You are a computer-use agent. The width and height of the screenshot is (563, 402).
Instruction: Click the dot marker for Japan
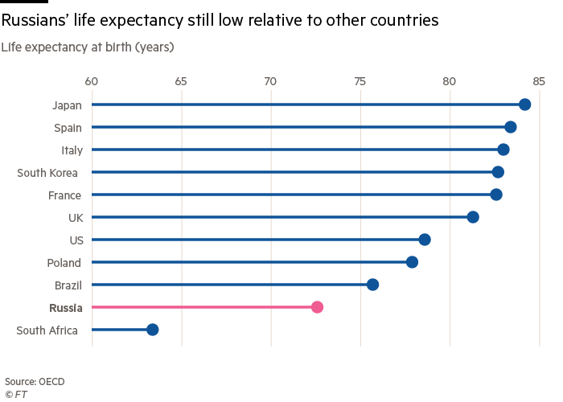point(524,105)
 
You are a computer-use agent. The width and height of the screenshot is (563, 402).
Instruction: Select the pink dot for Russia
point(317,307)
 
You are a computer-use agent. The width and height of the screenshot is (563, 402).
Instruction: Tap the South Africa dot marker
point(152,330)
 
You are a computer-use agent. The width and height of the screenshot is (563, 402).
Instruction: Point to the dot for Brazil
point(372,285)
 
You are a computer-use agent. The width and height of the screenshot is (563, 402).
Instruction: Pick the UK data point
point(473,217)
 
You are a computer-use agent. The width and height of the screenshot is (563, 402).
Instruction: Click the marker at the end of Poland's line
point(412,262)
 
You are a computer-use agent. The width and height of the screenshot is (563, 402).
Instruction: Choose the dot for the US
point(425,240)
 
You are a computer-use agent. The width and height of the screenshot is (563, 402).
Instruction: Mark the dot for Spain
point(510,127)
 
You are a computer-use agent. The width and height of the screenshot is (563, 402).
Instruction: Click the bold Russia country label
point(65,308)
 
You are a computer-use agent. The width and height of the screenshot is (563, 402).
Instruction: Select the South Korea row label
point(47,172)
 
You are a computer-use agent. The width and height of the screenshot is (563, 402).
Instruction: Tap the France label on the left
point(64,195)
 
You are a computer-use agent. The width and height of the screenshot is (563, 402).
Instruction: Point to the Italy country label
point(72,150)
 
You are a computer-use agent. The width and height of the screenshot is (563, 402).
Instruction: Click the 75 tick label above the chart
point(360,81)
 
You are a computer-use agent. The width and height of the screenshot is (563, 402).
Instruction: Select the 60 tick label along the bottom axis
point(92,353)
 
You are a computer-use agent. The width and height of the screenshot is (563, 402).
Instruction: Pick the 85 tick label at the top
point(539,81)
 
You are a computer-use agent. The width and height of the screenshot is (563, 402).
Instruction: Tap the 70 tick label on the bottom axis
point(270,353)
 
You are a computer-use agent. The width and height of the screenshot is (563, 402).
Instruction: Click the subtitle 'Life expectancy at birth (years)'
point(88,47)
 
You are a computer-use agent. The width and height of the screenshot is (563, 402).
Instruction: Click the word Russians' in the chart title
point(39,21)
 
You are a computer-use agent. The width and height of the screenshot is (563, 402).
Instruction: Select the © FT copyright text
point(16,394)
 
